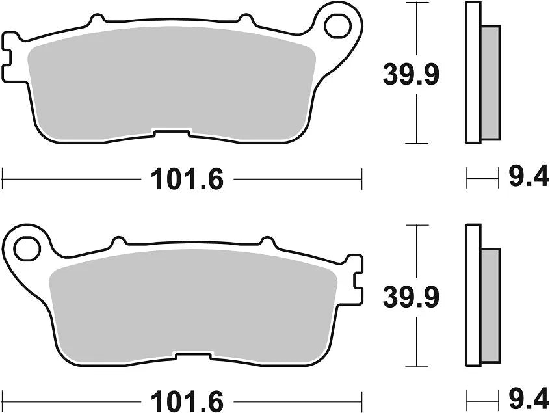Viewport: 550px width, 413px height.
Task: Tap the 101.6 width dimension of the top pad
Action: pyautogui.click(x=187, y=179)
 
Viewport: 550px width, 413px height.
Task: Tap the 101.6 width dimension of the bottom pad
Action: pyautogui.click(x=187, y=398)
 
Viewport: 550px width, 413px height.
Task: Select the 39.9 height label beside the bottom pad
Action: pyautogui.click(x=411, y=298)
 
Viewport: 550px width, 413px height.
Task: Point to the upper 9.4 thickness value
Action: pyautogui.click(x=528, y=177)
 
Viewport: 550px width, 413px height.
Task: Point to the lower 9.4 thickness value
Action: pyautogui.click(x=528, y=397)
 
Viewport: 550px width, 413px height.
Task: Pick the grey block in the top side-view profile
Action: pyautogui.click(x=491, y=83)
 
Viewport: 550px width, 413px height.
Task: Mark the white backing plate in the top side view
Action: pyautogui.click(x=473, y=72)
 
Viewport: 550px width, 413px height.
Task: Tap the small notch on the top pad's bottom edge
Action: pyautogui.click(x=172, y=133)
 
